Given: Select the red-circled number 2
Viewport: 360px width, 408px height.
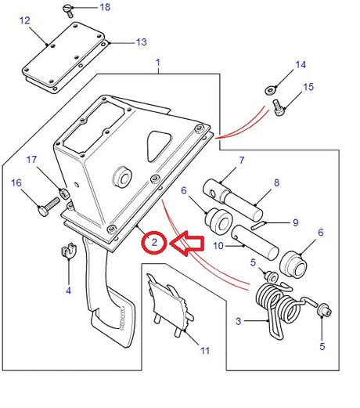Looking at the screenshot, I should (155, 243).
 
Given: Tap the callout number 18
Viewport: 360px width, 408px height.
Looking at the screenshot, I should (105, 7).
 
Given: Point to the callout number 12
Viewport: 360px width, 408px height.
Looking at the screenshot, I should (25, 21).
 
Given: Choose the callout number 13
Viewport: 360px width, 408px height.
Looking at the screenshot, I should (141, 42).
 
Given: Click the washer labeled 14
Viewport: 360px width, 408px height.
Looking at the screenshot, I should (270, 88).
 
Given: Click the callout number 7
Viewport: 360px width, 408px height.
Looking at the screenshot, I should (241, 161).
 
